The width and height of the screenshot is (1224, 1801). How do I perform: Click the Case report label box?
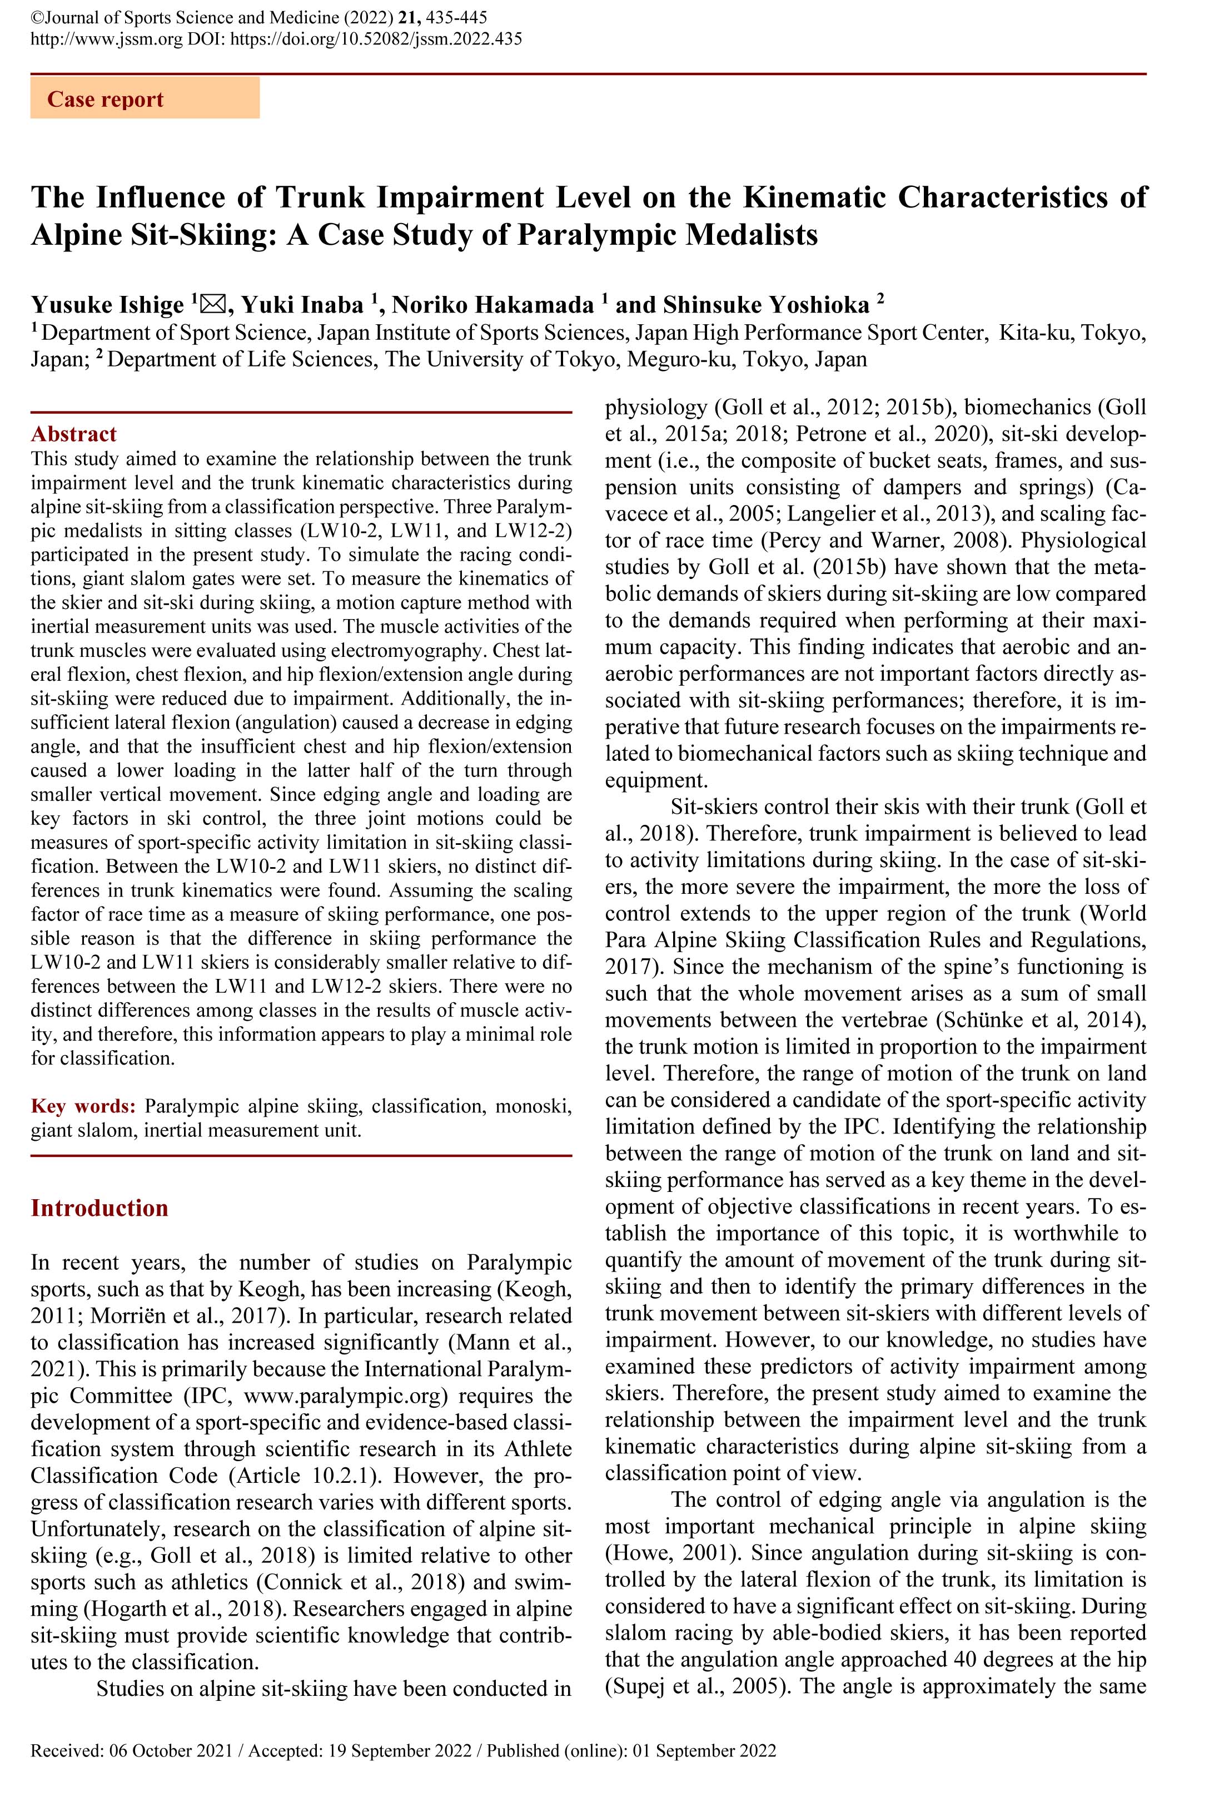coord(145,99)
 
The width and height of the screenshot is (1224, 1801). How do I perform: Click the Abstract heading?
coord(73,434)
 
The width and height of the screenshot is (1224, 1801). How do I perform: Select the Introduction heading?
coord(99,1208)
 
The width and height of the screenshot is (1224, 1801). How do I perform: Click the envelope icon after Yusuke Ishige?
coord(211,305)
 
